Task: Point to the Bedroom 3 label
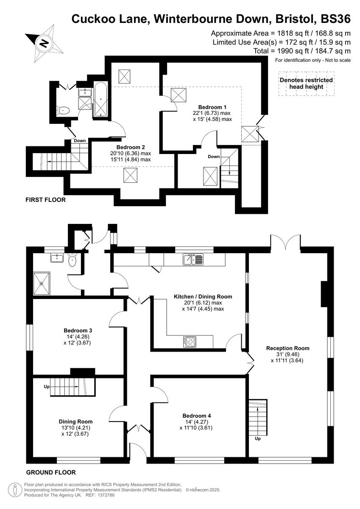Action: (x=78, y=330)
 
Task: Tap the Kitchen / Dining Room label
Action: (x=203, y=296)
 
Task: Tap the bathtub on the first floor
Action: (x=101, y=100)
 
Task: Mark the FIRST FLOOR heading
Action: (x=45, y=200)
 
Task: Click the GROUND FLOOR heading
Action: (x=51, y=472)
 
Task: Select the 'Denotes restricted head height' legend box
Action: (x=306, y=83)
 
